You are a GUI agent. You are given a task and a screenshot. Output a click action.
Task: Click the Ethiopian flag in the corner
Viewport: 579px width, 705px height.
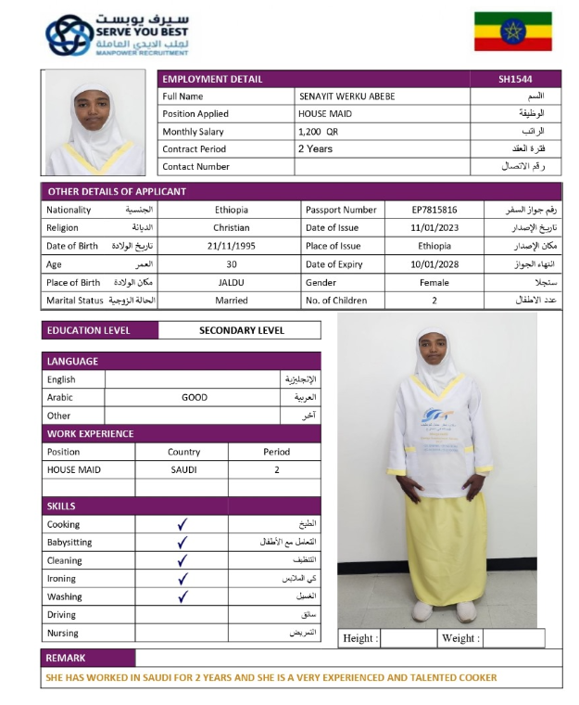tap(512, 32)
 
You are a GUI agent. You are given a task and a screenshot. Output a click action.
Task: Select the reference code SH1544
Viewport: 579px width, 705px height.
tap(515, 79)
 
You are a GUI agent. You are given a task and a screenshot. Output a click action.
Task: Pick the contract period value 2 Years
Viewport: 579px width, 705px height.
tap(315, 148)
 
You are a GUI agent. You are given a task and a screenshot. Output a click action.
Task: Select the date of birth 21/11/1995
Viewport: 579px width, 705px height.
tap(231, 246)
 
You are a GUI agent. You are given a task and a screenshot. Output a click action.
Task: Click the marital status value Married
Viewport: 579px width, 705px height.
tap(231, 301)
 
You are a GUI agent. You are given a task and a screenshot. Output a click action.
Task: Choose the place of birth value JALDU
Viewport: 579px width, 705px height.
tap(231, 282)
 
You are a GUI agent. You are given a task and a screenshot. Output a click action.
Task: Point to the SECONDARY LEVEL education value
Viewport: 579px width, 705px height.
tap(241, 330)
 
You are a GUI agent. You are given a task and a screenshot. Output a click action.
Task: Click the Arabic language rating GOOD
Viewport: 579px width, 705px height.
tap(195, 397)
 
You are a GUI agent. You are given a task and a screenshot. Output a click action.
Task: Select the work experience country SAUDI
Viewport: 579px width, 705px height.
tap(183, 469)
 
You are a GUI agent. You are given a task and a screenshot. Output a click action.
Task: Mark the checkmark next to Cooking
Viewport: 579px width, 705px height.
tap(183, 524)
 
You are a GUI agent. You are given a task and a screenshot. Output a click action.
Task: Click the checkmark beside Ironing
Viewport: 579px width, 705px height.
tap(183, 579)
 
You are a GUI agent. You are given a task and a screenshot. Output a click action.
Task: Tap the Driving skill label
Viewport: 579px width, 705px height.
tap(62, 615)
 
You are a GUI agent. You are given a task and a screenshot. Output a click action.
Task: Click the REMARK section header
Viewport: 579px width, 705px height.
tap(66, 658)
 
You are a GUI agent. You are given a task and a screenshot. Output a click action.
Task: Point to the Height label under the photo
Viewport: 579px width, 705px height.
tap(359, 638)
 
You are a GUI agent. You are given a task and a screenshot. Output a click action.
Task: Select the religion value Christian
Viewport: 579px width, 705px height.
tap(231, 228)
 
